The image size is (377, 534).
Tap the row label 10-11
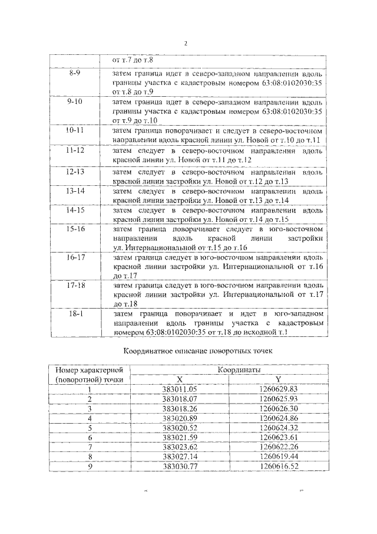(x=75, y=130)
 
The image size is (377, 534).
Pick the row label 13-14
(x=75, y=191)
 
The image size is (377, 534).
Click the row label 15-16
(x=75, y=228)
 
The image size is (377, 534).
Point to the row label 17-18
(x=75, y=285)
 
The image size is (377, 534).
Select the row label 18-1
(x=75, y=314)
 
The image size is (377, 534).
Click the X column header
(x=180, y=379)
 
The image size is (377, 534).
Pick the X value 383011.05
(x=180, y=389)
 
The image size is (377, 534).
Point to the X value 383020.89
(x=180, y=418)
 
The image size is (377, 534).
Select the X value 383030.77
(x=180, y=466)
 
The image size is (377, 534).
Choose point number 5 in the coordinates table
(x=90, y=427)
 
